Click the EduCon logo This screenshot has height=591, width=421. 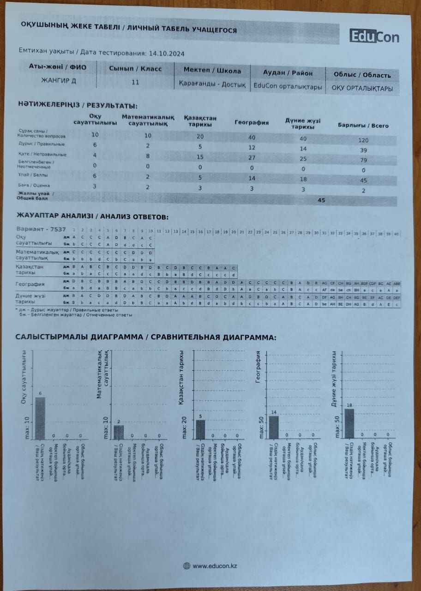coord(374,36)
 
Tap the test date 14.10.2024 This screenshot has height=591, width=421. coord(168,54)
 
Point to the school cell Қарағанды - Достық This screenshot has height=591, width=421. coord(212,85)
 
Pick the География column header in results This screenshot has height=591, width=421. coord(252,123)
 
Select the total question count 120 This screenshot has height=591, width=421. coord(363,140)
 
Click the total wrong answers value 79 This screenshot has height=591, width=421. coord(363,160)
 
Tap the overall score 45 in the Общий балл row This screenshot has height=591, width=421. coord(321,200)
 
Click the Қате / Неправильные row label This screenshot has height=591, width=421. coord(42,154)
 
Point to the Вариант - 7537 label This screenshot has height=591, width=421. coord(41,229)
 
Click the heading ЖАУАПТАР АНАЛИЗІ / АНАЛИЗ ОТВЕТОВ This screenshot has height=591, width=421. coord(92,216)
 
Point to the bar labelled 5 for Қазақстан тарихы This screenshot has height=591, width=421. coord(200,429)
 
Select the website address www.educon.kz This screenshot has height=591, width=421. coord(215,566)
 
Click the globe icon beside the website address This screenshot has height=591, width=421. coord(186,566)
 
